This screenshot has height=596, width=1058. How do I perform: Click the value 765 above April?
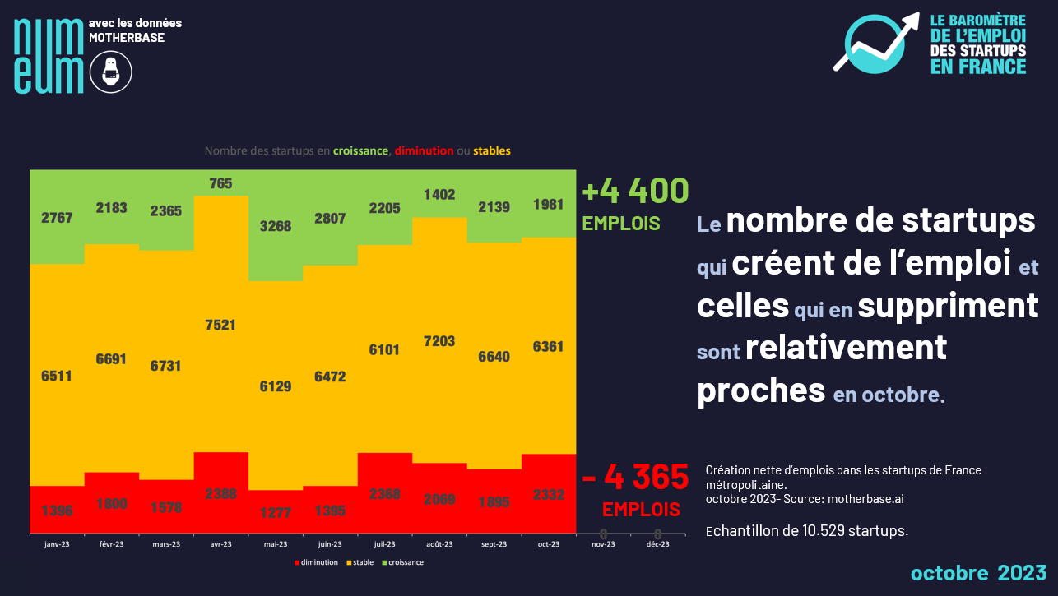[220, 183]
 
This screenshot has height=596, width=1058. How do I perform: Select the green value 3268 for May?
[276, 226]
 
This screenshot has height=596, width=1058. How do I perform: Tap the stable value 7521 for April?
[220, 325]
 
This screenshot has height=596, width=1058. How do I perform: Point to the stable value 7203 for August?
[439, 340]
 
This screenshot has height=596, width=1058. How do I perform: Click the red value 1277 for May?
[276, 511]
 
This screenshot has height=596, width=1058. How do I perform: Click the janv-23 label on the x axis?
[57, 544]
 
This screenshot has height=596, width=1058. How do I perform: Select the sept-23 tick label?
[494, 544]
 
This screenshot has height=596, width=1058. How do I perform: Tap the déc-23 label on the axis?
[658, 544]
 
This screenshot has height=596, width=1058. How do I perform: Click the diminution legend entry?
[317, 562]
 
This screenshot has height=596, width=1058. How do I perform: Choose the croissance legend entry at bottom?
[404, 562]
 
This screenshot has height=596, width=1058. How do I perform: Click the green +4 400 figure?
[635, 192]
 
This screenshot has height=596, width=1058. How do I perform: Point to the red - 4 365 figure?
[635, 476]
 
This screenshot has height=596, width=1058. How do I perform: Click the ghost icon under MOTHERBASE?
[111, 72]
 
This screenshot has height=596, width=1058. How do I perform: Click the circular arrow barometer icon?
[877, 43]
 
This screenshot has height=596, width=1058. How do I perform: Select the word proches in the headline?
[761, 390]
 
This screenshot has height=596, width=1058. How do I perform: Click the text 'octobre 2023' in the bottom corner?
[978, 572]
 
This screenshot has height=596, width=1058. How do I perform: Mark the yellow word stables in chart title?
[492, 150]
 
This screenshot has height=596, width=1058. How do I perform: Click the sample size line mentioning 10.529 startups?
[807, 530]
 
